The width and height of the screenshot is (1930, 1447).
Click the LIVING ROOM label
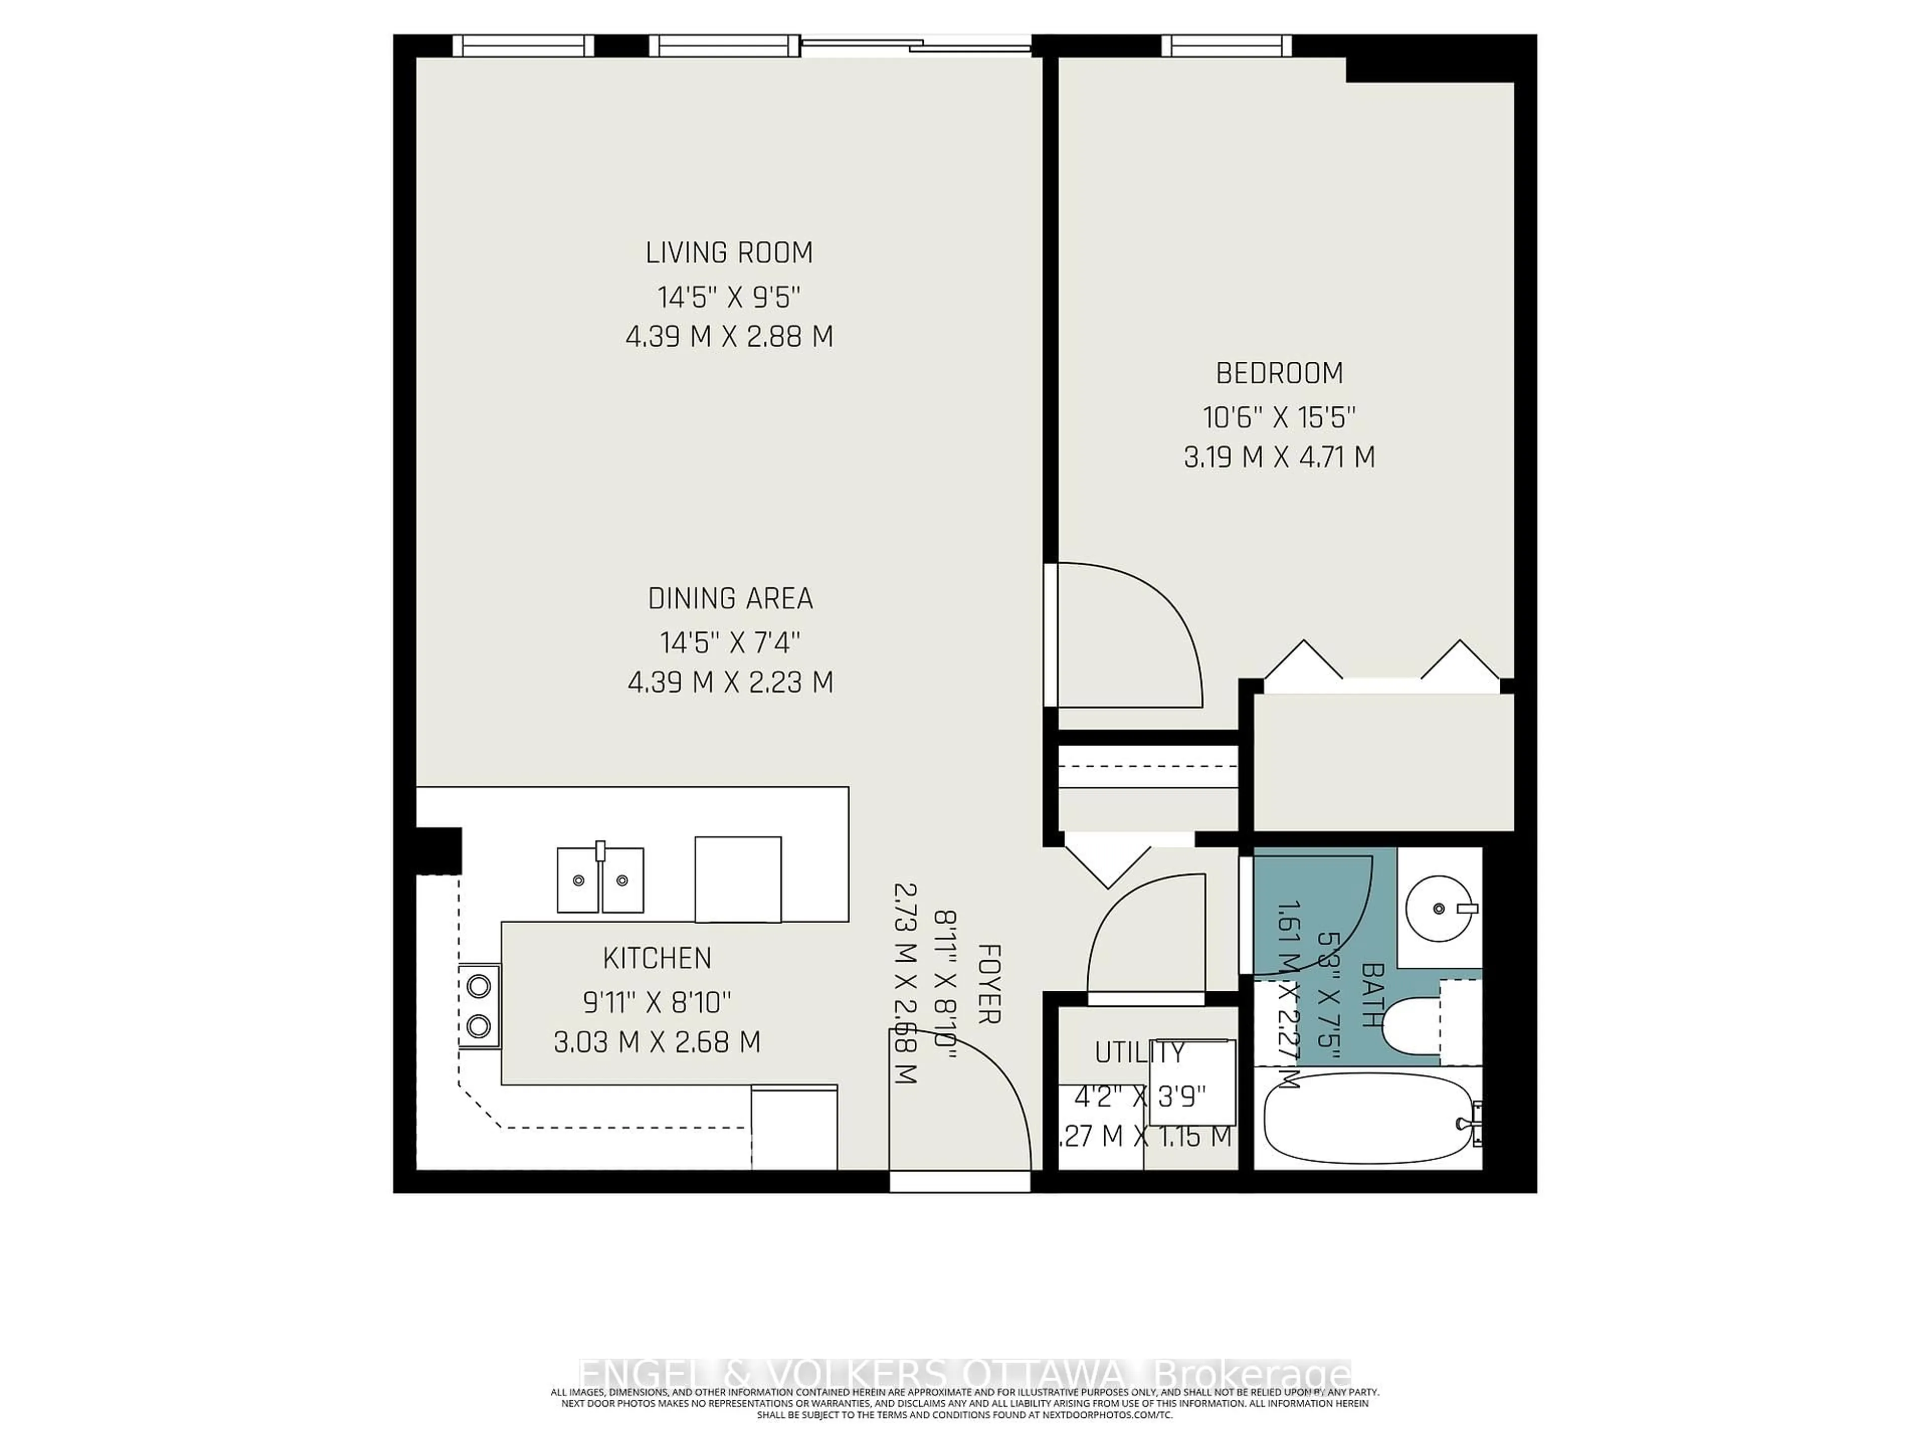729,253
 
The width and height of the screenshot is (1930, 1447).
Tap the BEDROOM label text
1279,373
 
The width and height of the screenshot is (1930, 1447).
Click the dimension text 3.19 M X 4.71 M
1279,457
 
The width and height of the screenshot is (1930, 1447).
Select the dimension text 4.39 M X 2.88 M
729,337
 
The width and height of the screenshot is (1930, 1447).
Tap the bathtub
1367,1118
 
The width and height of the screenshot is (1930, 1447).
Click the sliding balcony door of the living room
916,46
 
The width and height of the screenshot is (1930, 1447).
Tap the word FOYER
988,983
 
